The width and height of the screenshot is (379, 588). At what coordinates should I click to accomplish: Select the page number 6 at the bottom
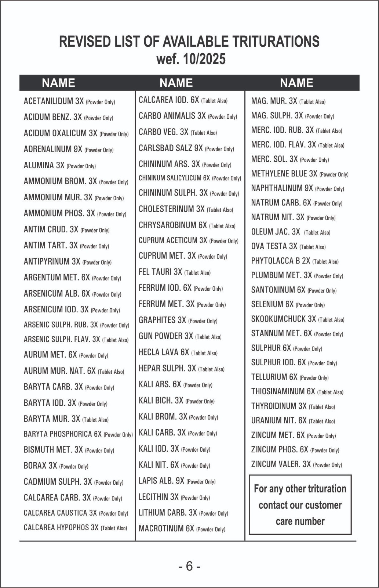(189, 566)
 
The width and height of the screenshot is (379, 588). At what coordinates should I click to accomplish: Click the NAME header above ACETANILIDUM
(58, 83)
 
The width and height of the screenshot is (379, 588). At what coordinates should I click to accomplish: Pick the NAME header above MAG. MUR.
(296, 83)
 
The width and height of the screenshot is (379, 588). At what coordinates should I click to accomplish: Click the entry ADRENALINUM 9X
(53, 149)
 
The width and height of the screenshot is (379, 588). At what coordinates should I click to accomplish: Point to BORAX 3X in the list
(40, 466)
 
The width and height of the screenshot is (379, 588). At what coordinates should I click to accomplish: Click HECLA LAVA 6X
(164, 352)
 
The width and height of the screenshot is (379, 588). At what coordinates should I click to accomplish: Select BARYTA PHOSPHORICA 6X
(63, 434)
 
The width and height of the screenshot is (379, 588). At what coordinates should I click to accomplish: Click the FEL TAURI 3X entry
(160, 272)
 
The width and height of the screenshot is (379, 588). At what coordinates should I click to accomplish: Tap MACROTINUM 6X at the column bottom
(166, 528)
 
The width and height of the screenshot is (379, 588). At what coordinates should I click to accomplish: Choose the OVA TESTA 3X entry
(274, 246)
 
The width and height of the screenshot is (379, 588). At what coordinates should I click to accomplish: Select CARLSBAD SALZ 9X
(171, 148)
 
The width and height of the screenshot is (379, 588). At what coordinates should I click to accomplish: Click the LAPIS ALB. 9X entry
(161, 481)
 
